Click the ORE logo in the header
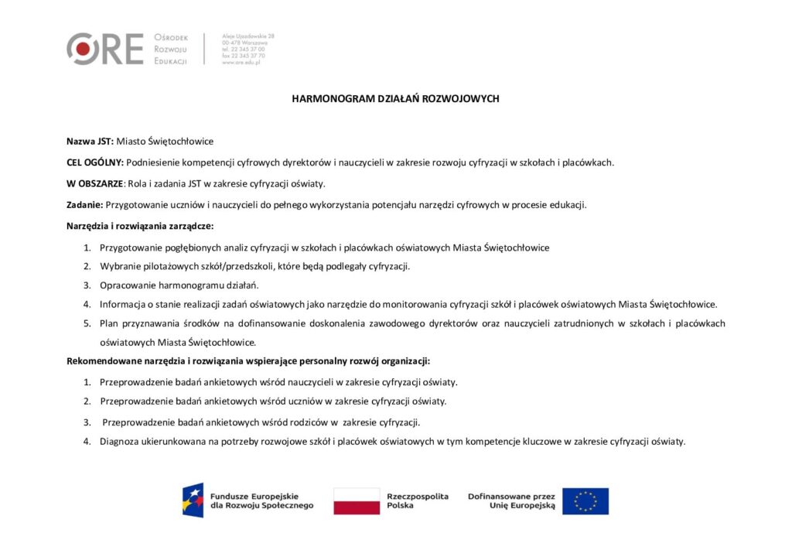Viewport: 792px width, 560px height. (x=104, y=49)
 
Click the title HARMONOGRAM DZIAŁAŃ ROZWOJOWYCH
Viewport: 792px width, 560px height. (x=395, y=99)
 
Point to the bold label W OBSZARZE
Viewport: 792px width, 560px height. (x=94, y=183)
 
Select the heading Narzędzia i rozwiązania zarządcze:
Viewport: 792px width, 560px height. (x=139, y=226)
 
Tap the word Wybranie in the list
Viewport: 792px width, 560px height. (x=118, y=266)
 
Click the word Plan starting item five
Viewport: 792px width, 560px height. (x=109, y=323)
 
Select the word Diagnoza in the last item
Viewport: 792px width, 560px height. (x=120, y=442)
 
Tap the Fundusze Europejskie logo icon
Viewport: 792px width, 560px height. (x=193, y=500)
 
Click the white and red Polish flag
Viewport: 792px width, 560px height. (x=357, y=501)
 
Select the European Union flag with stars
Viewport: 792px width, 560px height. (x=585, y=501)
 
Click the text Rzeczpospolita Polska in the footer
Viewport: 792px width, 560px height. (x=418, y=501)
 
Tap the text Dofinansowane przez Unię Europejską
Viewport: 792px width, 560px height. (x=511, y=501)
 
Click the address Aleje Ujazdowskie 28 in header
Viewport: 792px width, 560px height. (x=247, y=36)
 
